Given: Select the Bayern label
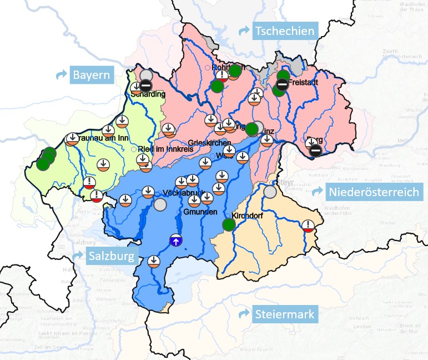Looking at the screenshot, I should [91, 74].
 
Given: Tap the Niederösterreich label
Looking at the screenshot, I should [375, 193].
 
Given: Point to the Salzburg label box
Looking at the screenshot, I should [110, 256].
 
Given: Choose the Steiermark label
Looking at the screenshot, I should [285, 314].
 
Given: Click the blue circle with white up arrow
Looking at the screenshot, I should [175, 241].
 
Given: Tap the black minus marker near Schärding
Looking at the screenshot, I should [145, 86].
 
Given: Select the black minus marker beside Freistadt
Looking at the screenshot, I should [282, 84].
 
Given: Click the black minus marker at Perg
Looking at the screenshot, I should [315, 149].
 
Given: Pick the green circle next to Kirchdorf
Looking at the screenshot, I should [228, 224].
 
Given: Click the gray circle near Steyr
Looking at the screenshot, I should [270, 192].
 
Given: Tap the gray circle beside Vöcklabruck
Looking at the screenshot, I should [160, 204].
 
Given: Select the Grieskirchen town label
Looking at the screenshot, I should [205, 142].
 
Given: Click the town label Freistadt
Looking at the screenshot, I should [303, 82].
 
